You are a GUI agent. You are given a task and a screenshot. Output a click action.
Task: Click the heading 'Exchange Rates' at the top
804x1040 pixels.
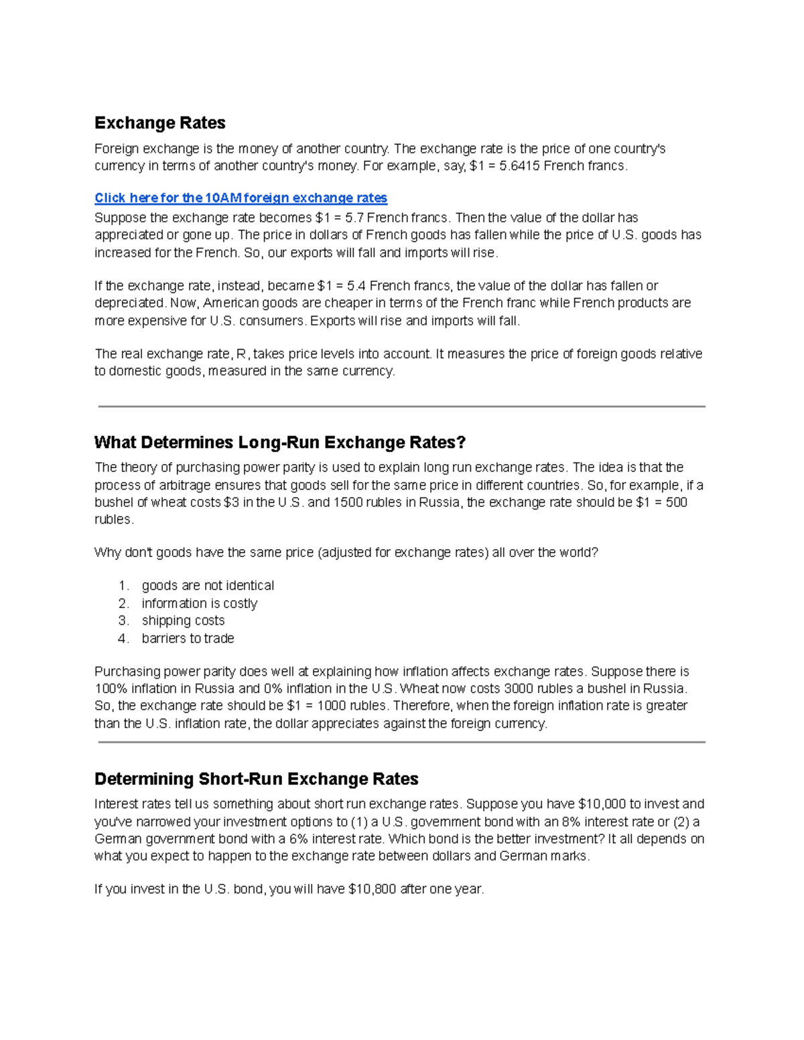click(x=159, y=123)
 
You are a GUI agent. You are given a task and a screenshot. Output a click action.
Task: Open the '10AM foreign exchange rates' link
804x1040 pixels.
click(x=241, y=198)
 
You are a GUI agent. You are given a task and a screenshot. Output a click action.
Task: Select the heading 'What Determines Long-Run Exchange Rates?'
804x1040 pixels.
click(x=279, y=443)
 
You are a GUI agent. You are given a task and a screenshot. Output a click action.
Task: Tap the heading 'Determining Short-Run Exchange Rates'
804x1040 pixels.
click(x=256, y=779)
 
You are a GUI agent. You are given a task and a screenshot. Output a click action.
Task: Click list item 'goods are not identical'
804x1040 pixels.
click(x=208, y=586)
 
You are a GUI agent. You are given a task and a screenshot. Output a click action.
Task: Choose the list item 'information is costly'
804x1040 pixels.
click(x=199, y=603)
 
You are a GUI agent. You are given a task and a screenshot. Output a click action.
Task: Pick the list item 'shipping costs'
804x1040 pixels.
click(x=183, y=621)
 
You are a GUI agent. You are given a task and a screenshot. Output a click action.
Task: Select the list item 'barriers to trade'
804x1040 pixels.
click(x=188, y=639)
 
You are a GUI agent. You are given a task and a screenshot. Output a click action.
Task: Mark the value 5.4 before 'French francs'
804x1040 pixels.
click(x=356, y=286)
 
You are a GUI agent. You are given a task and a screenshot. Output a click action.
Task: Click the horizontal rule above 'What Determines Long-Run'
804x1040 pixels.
click(x=401, y=406)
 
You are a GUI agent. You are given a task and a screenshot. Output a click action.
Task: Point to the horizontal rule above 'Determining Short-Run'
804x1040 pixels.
click(x=401, y=742)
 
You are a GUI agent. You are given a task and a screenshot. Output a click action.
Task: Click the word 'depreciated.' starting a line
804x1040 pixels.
click(x=130, y=303)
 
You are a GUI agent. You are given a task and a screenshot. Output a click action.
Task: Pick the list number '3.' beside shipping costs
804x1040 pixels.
click(x=123, y=621)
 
